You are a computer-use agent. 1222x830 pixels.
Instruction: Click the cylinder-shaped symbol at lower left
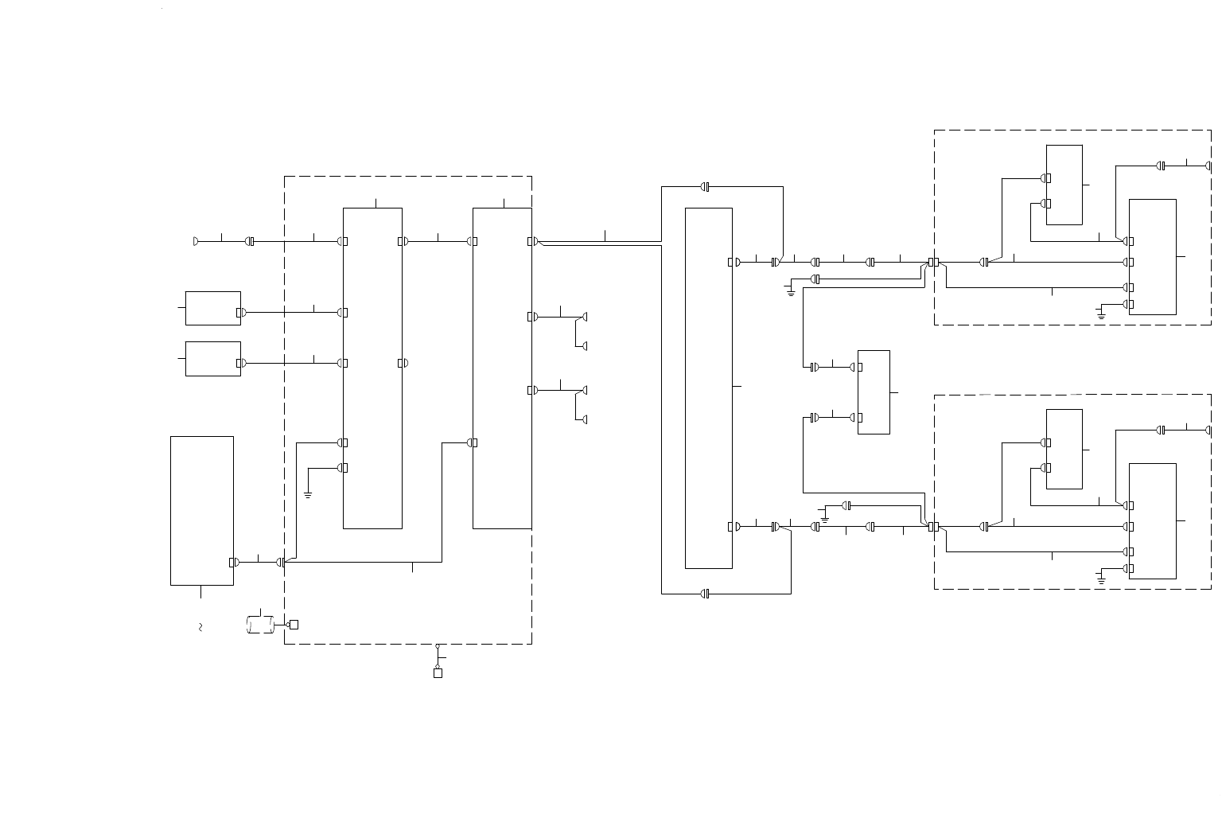coord(261,625)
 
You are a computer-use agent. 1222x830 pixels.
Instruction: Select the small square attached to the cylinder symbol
coord(294,625)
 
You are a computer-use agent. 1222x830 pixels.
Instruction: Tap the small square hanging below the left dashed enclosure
coord(438,673)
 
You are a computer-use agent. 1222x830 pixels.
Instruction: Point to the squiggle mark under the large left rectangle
coord(200,628)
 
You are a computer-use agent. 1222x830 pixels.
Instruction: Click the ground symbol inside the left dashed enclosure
coord(308,494)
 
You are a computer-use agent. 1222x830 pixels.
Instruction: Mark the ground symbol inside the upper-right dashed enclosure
coord(1101,315)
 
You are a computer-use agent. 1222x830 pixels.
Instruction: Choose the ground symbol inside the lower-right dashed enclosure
coord(1101,579)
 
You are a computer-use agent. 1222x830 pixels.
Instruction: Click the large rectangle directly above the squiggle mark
coord(202,510)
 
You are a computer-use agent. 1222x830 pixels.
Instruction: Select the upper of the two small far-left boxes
coord(212,308)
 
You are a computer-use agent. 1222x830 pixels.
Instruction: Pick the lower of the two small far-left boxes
coord(212,358)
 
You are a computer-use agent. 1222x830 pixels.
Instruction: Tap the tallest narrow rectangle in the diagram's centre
coord(709,388)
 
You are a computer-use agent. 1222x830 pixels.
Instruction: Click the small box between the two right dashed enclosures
coord(874,392)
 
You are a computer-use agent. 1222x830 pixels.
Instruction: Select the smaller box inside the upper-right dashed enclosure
coord(1064,185)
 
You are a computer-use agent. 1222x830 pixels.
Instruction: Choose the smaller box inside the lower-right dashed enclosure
coord(1064,449)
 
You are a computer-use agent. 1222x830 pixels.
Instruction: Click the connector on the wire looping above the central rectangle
coord(705,187)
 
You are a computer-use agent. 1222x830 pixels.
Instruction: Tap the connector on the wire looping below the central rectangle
coord(705,594)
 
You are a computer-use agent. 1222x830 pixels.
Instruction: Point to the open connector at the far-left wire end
coord(196,241)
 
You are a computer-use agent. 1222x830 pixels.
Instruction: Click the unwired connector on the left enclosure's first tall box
coord(403,363)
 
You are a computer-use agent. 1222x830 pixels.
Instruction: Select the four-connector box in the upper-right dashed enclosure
coord(1153,257)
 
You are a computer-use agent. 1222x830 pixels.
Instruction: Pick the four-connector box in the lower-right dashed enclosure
coord(1153,521)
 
